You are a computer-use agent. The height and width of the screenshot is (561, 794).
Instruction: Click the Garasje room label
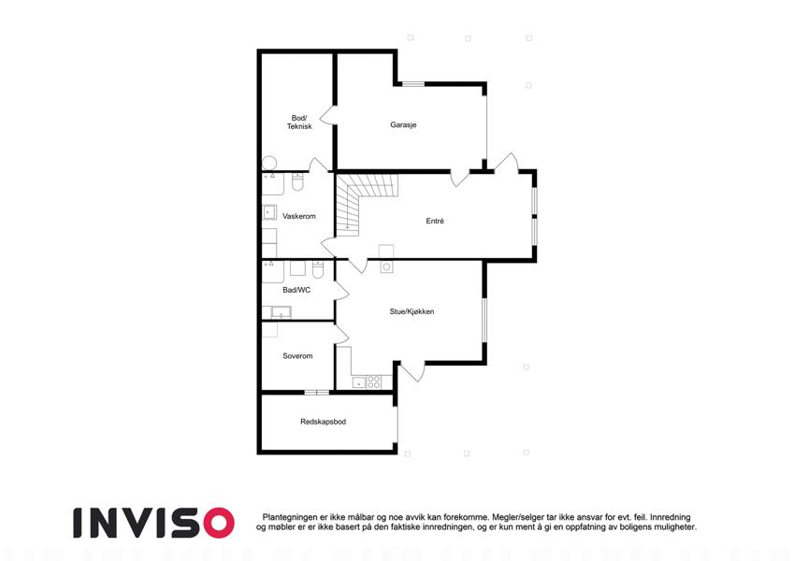tap(403, 124)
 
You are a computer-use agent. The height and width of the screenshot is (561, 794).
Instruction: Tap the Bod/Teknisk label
tap(299, 122)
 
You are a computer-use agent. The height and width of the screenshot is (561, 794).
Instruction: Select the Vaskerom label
tap(298, 216)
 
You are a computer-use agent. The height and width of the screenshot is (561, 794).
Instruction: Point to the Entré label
tap(435, 221)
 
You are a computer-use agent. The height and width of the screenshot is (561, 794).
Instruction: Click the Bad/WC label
tap(296, 290)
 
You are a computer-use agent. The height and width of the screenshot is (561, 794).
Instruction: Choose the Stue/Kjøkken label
tap(411, 311)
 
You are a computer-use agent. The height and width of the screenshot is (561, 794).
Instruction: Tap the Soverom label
tap(297, 356)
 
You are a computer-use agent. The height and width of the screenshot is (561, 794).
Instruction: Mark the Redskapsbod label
tap(323, 422)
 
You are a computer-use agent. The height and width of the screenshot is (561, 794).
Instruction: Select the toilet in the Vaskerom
tap(297, 182)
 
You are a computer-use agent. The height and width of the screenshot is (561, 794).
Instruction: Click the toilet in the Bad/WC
tap(317, 269)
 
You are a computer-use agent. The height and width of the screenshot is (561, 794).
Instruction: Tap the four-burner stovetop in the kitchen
tap(374, 381)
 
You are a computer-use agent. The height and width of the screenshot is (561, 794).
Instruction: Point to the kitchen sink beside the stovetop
tap(358, 382)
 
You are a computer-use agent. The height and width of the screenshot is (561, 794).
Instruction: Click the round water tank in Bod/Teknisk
tap(269, 163)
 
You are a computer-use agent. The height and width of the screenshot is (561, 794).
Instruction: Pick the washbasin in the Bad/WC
tap(280, 312)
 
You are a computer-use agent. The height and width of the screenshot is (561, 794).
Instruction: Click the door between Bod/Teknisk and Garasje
tap(328, 115)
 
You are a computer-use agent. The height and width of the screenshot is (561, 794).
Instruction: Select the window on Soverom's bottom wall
tap(316, 392)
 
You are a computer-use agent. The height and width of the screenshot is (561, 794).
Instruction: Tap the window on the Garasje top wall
tap(413, 84)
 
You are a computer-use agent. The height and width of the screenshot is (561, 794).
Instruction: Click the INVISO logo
tap(153, 523)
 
